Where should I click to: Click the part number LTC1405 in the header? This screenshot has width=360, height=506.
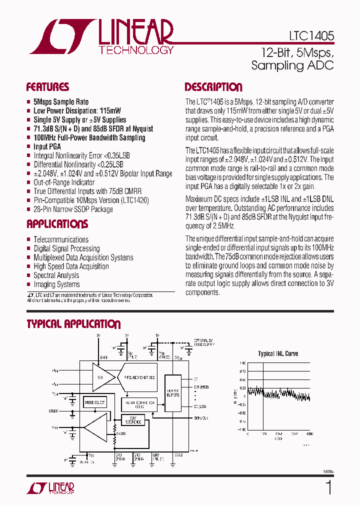311,36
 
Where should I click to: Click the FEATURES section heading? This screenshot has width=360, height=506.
47,87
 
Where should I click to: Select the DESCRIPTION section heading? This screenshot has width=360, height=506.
213,87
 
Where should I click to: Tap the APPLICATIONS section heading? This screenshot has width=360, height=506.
57,224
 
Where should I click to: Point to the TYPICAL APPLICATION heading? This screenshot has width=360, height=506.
73,324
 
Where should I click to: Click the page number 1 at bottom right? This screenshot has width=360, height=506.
328,487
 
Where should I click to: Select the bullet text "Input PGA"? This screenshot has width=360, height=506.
47,146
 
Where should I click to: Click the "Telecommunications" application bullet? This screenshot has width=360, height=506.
61,239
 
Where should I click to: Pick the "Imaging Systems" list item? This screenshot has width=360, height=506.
56,284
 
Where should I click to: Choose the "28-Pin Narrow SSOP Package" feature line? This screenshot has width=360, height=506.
73,209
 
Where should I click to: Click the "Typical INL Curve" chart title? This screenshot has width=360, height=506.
278,353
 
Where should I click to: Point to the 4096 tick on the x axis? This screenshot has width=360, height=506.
310,434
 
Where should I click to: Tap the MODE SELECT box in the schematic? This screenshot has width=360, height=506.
95,402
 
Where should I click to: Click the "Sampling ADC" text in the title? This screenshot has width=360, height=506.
292,65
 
